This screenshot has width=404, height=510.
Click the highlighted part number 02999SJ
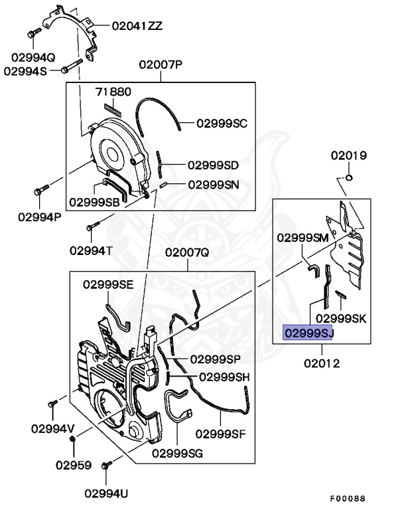coord(308,333)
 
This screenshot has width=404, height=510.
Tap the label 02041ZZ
coord(137,26)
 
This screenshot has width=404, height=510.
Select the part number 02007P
coord(161,64)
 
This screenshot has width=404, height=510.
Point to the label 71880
coord(113,92)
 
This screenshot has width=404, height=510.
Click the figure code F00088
coord(348,499)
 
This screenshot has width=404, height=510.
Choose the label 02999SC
coord(222,124)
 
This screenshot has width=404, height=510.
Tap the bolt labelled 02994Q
coord(34,33)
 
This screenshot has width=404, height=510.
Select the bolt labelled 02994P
coord(41,190)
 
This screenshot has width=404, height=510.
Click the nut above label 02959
coord(73,440)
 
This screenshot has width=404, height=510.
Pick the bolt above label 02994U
coord(107,464)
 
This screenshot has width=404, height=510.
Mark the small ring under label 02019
coord(349,177)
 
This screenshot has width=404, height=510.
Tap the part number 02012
coord(322,363)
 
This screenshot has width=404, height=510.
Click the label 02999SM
coord(303,238)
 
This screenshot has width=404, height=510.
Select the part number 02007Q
coord(187,252)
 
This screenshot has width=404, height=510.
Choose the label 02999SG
coord(177,453)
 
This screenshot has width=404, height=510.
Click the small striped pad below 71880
coord(113,110)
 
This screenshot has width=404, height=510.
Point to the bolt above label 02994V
coord(52,404)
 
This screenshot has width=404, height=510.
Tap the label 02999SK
coord(341,319)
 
